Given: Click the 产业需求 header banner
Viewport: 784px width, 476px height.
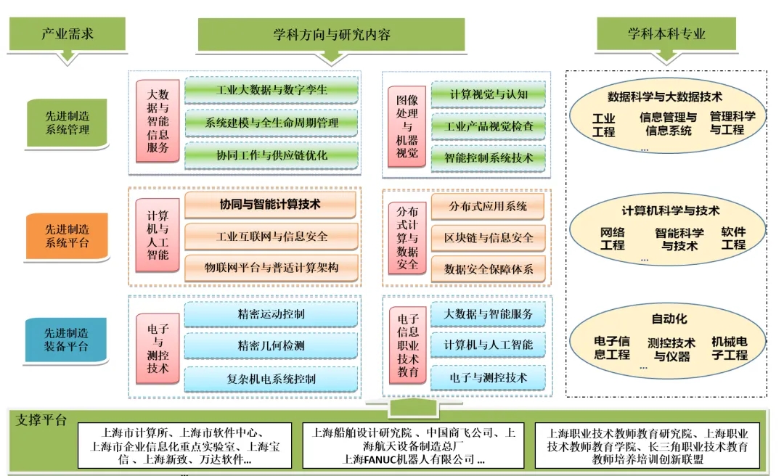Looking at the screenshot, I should coord(67,34).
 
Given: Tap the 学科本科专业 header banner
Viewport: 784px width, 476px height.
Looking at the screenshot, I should coord(666,34).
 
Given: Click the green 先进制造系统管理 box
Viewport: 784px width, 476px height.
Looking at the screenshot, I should coord(68,123).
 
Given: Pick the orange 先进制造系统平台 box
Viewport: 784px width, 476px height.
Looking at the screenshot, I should coord(68,235).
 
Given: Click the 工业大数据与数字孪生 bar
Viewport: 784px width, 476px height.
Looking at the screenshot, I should coord(271,91).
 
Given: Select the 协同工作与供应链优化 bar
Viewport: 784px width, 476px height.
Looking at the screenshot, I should coord(271,155).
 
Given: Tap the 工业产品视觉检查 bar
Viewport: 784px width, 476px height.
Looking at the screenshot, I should coord(489,126).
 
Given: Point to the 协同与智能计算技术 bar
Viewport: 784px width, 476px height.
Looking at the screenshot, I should coord(270,205).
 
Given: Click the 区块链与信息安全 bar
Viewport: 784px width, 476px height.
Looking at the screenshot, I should coord(489,237).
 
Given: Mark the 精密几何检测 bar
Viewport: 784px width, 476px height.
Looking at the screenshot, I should coord(271,346).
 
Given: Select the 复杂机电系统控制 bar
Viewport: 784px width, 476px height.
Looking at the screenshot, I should coord(271,378).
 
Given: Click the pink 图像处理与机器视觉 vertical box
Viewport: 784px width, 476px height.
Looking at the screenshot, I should coord(407,123).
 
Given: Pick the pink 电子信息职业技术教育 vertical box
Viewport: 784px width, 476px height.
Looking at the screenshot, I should coord(408,345).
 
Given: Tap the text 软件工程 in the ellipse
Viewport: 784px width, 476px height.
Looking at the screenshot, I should coord(733,239).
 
